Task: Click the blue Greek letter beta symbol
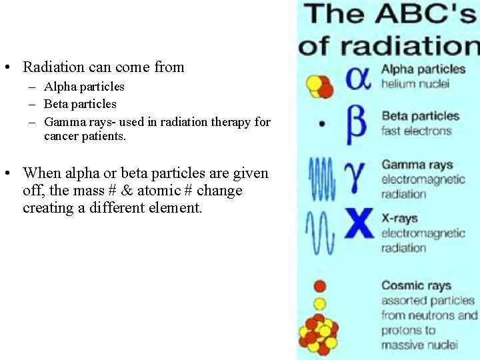pos(356,123)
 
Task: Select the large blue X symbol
pos(359,223)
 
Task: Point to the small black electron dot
pos(323,124)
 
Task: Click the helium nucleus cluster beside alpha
pos(319,85)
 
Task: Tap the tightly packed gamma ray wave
pos(322,178)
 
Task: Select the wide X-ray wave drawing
pos(320,231)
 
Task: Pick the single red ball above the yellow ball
pos(320,286)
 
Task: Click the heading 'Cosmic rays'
pos(416,285)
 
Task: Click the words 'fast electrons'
pos(417,130)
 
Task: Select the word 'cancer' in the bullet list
pos(63,136)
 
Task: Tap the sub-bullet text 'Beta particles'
pos(80,104)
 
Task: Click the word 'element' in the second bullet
pos(178,208)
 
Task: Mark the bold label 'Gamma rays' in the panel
pos(417,164)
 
